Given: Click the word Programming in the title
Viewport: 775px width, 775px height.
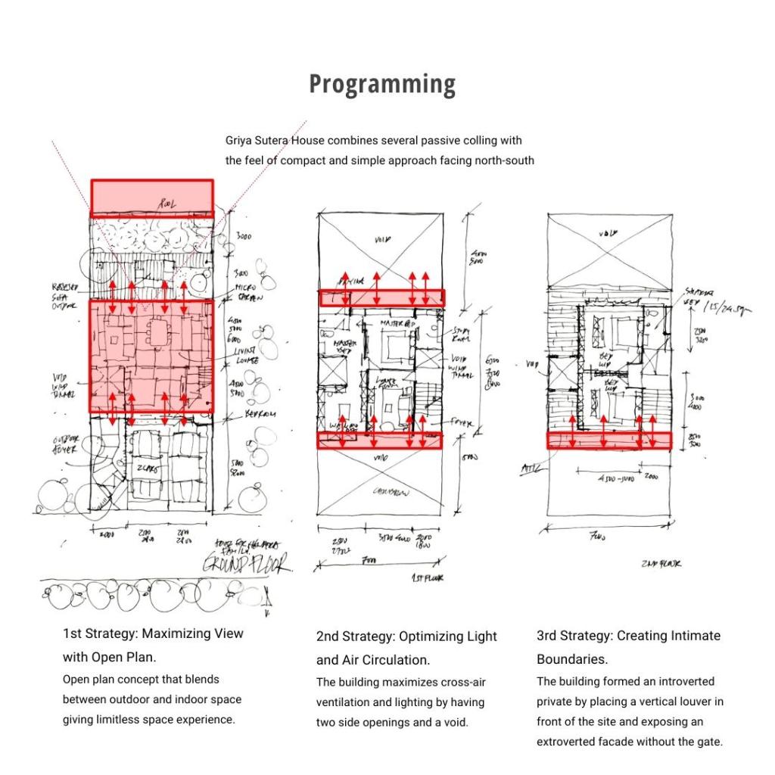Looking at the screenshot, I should [382, 84].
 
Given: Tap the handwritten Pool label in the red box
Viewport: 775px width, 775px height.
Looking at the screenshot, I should [167, 204].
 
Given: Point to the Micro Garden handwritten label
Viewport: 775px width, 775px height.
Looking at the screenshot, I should [247, 292].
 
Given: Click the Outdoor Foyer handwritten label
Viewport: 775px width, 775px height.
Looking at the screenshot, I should [65, 445].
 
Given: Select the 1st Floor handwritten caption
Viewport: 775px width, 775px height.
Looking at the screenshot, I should [428, 579].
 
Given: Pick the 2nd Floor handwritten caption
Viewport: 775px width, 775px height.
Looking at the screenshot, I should [661, 564].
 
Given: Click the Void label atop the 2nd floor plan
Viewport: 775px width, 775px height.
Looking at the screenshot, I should [608, 235].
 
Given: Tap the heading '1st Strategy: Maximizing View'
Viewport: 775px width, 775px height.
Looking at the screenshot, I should [153, 633].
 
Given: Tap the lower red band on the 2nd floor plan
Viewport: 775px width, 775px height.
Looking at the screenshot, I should [609, 440].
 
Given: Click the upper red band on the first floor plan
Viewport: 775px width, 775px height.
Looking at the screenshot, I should [381, 297].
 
